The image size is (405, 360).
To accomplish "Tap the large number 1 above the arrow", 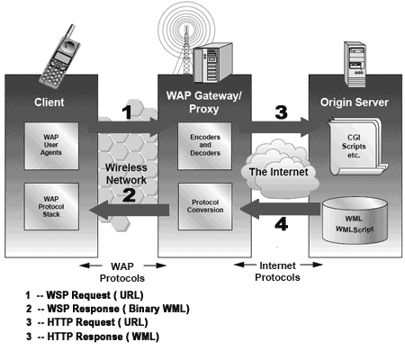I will point(127,112).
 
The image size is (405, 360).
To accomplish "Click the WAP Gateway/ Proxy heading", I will point(201,100).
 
